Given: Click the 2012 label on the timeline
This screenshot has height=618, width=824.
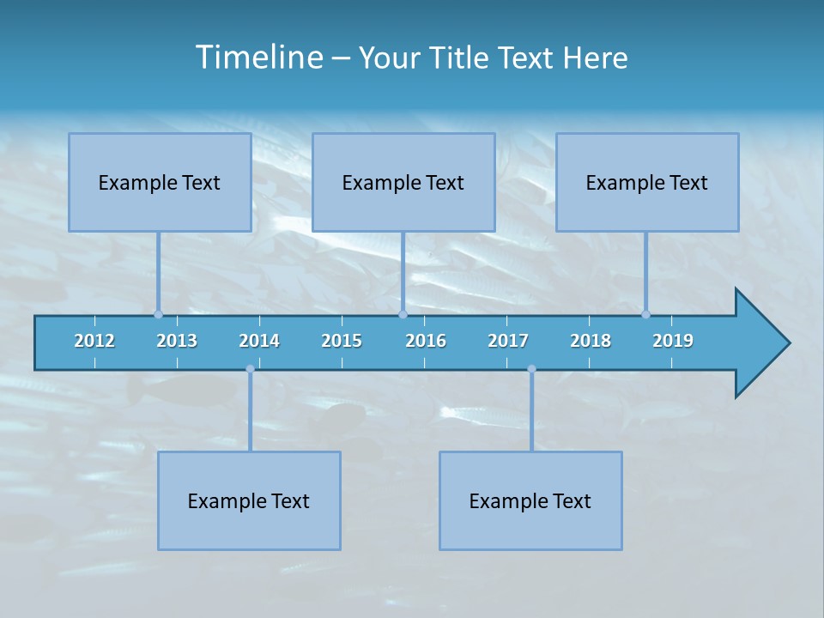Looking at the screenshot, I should (94, 341).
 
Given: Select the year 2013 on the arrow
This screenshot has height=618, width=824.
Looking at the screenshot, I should (177, 341).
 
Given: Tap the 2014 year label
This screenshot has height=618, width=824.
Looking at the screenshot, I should (259, 341).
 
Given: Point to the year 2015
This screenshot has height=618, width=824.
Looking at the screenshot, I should (342, 341).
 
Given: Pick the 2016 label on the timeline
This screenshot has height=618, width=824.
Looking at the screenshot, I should (426, 341).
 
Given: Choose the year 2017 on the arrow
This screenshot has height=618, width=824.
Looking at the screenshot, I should (508, 341).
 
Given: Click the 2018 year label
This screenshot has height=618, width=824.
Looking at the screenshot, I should (591, 341).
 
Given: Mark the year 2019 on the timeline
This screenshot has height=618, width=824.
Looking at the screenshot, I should (673, 341).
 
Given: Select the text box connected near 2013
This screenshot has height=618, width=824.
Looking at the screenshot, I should (160, 182).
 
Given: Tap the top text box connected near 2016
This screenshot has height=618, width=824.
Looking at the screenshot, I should (403, 182).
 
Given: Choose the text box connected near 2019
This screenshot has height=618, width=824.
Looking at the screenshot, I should (647, 182).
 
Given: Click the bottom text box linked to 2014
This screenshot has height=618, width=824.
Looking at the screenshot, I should (249, 500).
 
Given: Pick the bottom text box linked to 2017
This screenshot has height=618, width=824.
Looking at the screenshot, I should (530, 500).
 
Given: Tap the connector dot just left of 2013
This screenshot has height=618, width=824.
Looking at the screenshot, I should (158, 314).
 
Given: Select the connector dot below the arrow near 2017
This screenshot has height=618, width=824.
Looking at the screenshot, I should (531, 369).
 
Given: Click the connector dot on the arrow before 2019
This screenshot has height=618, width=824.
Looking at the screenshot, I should (645, 314).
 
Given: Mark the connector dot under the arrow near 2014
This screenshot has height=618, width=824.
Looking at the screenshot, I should (250, 369).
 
